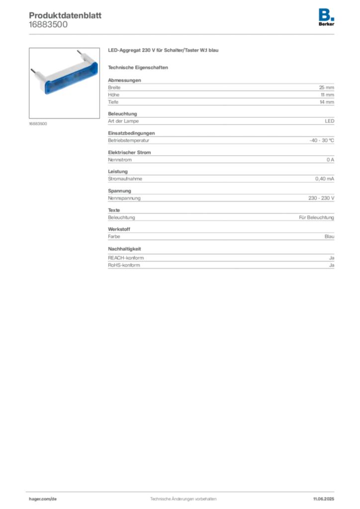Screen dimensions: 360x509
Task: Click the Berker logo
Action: click(326, 17)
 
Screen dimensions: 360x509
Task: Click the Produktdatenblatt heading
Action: click(65, 15)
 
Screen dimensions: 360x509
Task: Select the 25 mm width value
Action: click(326, 87)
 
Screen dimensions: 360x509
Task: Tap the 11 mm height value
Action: click(327, 95)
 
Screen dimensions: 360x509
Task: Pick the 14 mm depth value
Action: click(327, 102)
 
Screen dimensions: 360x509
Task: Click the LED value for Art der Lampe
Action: click(330, 121)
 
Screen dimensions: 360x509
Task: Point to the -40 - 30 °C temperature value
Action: click(322, 140)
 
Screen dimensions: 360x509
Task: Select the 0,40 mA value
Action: click(325, 179)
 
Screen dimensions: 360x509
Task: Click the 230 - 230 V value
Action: click(321, 198)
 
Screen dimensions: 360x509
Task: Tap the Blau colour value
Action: click(329, 236)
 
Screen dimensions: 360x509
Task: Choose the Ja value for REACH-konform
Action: click(332, 258)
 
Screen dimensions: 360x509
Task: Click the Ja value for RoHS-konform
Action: click(332, 265)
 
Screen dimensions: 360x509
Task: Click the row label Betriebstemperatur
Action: click(129, 141)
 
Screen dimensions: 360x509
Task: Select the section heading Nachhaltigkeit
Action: click(124, 249)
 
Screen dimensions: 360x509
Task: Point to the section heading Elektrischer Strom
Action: click(129, 153)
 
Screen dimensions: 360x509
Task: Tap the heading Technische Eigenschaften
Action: click(138, 68)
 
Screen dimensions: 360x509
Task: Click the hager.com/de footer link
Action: click(43, 499)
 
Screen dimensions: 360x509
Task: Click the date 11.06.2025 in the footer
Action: click(324, 499)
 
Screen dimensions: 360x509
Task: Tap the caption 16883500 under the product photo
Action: click(38, 124)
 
